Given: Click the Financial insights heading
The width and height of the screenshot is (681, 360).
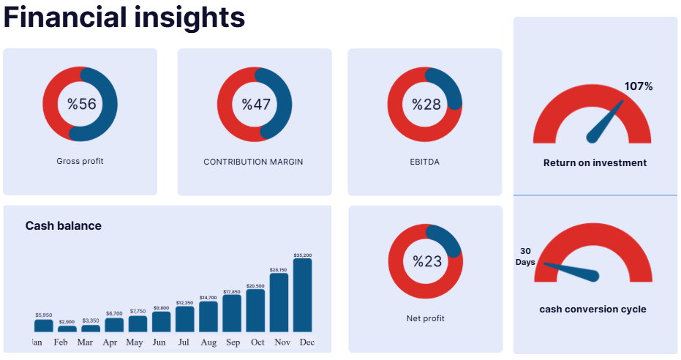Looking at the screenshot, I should [x=124, y=18].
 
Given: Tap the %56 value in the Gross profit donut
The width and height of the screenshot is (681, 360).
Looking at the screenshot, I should [x=81, y=104].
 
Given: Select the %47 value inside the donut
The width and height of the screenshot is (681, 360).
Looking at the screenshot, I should [x=256, y=104].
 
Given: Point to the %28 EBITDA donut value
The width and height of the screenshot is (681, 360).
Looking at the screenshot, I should [x=426, y=104].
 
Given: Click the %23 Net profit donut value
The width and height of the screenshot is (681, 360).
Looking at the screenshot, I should [x=426, y=261].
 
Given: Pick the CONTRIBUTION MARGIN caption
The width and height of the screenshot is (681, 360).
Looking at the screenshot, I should [x=253, y=162].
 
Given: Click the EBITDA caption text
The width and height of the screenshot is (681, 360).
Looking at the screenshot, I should [x=424, y=162].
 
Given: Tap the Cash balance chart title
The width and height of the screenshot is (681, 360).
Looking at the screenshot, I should [x=64, y=225].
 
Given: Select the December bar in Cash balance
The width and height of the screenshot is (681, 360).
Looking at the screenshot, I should [x=302, y=295].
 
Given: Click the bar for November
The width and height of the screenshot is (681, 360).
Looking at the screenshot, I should [x=279, y=303].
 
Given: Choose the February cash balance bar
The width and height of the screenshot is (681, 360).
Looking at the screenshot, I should [x=67, y=329].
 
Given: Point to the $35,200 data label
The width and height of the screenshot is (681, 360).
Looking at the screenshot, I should [x=302, y=255].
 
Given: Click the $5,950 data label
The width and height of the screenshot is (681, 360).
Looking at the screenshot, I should [x=44, y=315].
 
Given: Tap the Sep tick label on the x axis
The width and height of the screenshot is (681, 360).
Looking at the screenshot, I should [x=232, y=342].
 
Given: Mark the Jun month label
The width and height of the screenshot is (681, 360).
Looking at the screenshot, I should [x=159, y=342].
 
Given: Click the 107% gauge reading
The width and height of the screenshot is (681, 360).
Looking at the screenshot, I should [x=638, y=86].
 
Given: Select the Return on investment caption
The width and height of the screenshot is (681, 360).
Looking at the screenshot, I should [x=595, y=162].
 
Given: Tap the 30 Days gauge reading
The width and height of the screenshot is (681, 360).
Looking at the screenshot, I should [x=525, y=256].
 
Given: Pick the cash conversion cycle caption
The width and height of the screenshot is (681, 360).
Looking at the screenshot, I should [x=592, y=309].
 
